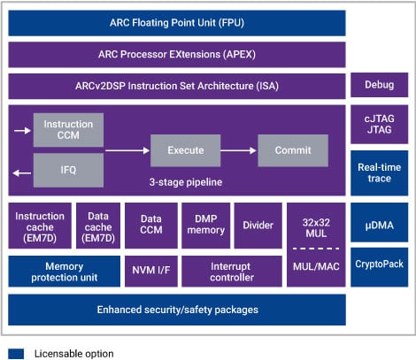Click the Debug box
[x=380, y=87]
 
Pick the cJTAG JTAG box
[x=380, y=125]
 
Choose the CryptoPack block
[x=380, y=264]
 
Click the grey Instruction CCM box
[x=69, y=131]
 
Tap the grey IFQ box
[x=69, y=167]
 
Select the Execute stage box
[x=180, y=150]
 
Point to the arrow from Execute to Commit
[x=235, y=150]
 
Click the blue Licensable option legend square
[x=16, y=353]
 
